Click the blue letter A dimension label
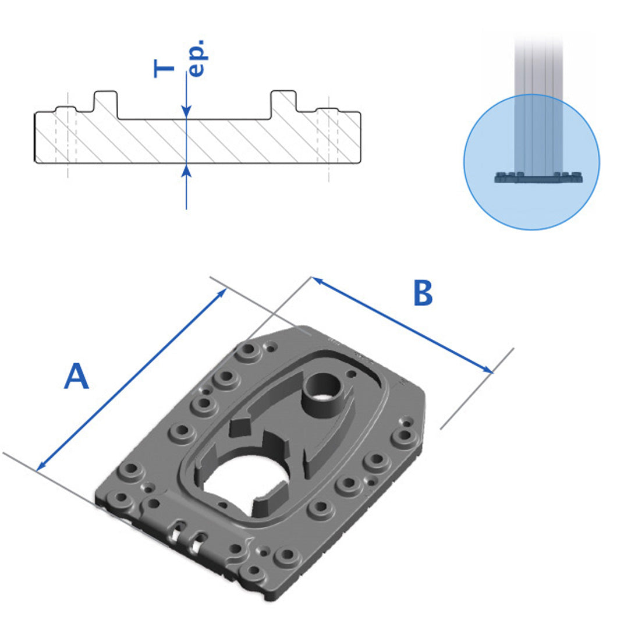[76, 376]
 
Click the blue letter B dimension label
[423, 293]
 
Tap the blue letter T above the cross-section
[164, 69]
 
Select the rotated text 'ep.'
[197, 58]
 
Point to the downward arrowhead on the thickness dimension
[186, 111]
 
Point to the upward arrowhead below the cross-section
[186, 171]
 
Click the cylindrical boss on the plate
[322, 395]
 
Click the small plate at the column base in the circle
[538, 178]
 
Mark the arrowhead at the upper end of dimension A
[221, 293]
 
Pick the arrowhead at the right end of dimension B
[487, 369]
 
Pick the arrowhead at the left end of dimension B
[317, 281]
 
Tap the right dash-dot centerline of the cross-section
[329, 139]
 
